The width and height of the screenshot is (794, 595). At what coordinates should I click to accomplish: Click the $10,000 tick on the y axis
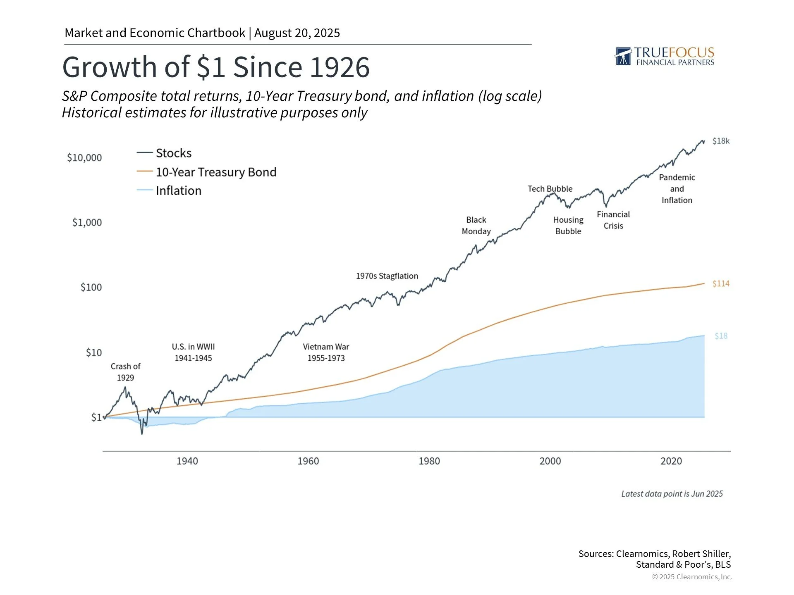(x=84, y=157)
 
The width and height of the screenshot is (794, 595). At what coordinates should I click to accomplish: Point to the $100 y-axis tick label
(x=91, y=287)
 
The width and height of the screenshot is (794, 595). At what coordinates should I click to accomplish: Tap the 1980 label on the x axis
(x=429, y=461)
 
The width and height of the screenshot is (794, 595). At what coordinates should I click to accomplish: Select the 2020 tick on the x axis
(x=671, y=461)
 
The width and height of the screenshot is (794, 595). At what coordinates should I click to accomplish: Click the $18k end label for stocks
(x=721, y=141)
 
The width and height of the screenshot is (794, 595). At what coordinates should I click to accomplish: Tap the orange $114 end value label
(x=721, y=283)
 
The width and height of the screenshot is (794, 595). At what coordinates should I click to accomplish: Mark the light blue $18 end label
(x=721, y=336)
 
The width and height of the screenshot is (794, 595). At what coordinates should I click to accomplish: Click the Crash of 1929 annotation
(x=125, y=372)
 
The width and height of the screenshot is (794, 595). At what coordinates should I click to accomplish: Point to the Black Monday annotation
(x=476, y=226)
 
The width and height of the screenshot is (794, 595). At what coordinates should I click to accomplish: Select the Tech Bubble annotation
(x=550, y=189)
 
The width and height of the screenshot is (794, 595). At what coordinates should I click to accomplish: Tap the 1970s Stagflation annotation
(x=387, y=276)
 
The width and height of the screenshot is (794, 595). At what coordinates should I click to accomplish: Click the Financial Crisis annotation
(x=613, y=220)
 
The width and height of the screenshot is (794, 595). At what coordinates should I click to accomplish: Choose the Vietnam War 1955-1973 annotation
(x=326, y=352)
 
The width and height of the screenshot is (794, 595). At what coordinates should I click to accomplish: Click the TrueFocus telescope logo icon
(x=623, y=57)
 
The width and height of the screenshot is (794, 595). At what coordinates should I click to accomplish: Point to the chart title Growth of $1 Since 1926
(x=216, y=67)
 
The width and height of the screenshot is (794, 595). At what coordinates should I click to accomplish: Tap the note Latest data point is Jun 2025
(x=672, y=494)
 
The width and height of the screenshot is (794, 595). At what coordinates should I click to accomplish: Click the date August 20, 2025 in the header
(x=297, y=33)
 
